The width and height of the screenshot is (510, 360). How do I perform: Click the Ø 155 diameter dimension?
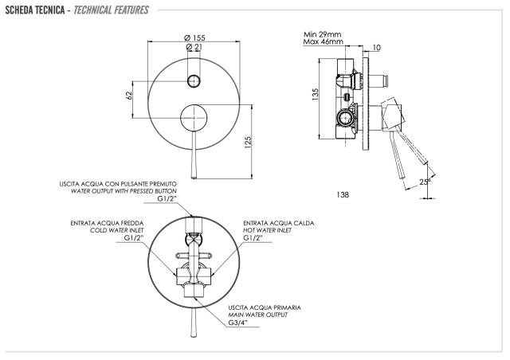[194, 37]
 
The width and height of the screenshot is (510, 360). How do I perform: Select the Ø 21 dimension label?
[194, 47]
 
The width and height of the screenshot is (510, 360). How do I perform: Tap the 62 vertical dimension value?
[129, 96]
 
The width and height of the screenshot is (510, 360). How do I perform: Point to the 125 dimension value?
[248, 143]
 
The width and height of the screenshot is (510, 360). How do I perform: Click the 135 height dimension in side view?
[316, 94]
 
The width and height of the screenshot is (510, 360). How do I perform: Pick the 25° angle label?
[425, 182]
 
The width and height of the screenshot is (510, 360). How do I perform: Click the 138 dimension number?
[343, 194]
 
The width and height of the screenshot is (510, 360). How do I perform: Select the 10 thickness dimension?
[376, 48]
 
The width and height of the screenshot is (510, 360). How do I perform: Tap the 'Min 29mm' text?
[322, 34]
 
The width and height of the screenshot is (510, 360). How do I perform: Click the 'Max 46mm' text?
[323, 41]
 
